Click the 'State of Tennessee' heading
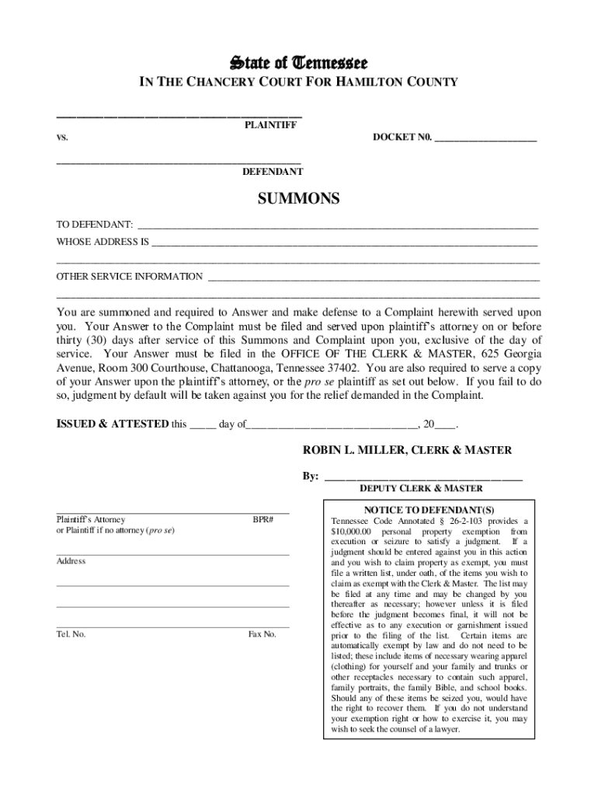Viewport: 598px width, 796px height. click(x=298, y=62)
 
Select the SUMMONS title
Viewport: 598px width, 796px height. click(x=298, y=199)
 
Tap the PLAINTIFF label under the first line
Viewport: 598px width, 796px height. click(x=270, y=124)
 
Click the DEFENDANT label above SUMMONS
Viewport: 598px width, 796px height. click(x=272, y=172)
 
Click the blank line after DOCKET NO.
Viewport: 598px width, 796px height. click(x=485, y=140)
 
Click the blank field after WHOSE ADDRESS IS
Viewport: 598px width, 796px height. click(x=345, y=243)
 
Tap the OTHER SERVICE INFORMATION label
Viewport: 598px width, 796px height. click(x=130, y=277)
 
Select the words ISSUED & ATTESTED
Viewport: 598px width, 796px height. click(x=112, y=424)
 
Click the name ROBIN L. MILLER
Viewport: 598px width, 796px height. click(x=347, y=450)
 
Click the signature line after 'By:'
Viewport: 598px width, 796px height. click(x=423, y=477)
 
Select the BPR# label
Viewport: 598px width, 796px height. click(x=263, y=519)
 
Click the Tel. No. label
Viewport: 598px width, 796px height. click(x=71, y=634)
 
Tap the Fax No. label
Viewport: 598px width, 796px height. click(x=262, y=634)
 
